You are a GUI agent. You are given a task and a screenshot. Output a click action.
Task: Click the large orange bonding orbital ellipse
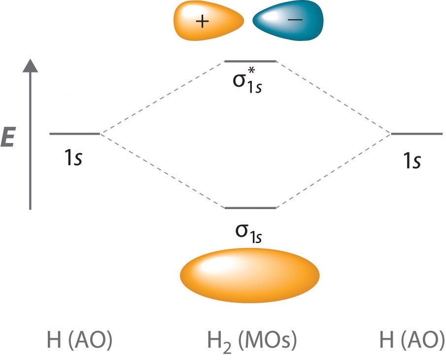click(x=250, y=274)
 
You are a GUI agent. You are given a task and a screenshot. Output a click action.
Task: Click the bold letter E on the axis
click(x=8, y=139)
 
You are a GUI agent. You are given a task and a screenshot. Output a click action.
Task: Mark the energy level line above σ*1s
click(x=250, y=62)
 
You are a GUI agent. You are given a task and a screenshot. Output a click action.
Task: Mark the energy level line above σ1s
click(x=250, y=208)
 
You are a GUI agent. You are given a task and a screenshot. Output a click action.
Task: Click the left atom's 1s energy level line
click(x=75, y=134)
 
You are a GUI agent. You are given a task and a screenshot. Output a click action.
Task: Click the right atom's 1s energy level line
click(x=417, y=134)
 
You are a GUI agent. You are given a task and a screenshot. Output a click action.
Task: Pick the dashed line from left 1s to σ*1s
click(x=163, y=98)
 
